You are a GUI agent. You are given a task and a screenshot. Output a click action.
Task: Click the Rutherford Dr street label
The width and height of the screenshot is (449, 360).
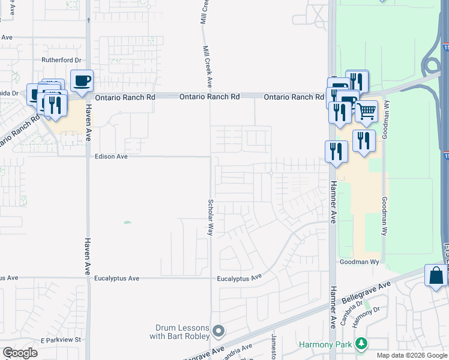pyautogui.click(x=61, y=60)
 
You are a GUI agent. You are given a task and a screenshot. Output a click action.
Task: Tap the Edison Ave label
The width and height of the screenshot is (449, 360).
pyautogui.click(x=112, y=157)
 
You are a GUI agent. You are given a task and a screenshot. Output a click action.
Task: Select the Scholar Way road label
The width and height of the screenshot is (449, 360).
pyautogui.click(x=210, y=217)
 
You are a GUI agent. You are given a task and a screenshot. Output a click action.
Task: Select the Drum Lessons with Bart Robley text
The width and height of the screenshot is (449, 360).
pyautogui.click(x=182, y=332)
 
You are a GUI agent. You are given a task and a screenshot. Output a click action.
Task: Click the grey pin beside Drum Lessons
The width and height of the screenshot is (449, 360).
pyautogui.click(x=219, y=331)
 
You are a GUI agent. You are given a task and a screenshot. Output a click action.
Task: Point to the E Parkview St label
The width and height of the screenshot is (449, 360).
pyautogui.click(x=61, y=340)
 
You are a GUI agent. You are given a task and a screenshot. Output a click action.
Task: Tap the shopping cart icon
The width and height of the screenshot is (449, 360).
pyautogui.click(x=366, y=110)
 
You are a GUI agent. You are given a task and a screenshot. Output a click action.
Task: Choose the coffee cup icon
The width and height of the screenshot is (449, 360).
pyautogui.click(x=82, y=80)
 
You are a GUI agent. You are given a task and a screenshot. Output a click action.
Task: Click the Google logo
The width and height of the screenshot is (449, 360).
pyautogui.click(x=20, y=352)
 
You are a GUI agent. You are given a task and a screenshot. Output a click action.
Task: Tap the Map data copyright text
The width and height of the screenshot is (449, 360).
pyautogui.click(x=412, y=355)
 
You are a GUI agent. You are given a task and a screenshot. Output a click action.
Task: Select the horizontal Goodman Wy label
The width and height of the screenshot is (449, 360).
pyautogui.click(x=360, y=262)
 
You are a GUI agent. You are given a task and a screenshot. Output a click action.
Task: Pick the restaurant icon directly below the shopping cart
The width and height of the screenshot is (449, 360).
pyautogui.click(x=364, y=140)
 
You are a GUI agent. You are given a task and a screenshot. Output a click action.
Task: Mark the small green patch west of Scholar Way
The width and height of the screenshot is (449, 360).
pyautogui.click(x=127, y=223)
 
